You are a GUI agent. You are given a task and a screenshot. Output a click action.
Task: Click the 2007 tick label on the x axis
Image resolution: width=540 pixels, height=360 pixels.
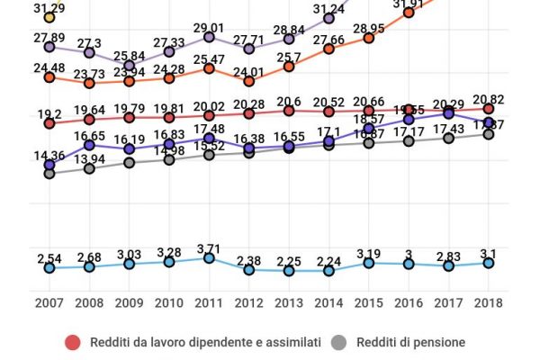[x=49, y=302]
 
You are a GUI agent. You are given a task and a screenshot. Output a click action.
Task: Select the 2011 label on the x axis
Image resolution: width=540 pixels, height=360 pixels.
[x=209, y=302]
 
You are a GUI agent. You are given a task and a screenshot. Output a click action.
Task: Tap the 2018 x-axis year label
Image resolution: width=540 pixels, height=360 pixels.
[x=488, y=302]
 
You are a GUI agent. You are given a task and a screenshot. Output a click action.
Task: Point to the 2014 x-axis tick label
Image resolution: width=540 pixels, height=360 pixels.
[x=328, y=302]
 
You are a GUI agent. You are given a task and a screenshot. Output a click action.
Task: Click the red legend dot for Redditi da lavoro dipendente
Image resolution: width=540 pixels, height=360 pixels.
[x=74, y=342]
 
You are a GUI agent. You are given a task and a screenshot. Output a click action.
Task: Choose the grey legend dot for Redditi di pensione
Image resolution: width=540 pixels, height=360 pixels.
[x=338, y=342]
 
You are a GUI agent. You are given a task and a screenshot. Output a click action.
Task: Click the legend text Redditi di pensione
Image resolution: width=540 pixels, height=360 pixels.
[x=409, y=342]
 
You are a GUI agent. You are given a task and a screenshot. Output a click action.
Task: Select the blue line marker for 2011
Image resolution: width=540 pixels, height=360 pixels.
[x=209, y=258]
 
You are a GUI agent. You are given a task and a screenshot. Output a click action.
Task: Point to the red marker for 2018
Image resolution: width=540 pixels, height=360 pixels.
[x=488, y=109]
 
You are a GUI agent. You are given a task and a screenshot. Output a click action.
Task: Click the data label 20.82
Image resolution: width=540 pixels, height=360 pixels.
[x=486, y=96]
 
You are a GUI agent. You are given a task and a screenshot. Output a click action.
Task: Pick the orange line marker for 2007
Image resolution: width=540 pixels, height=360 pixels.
[x=49, y=77]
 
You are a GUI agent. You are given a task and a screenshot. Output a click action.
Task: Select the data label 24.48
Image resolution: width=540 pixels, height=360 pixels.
[x=50, y=65]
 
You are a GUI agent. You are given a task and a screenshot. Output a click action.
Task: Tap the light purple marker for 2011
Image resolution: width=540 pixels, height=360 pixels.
[x=209, y=37]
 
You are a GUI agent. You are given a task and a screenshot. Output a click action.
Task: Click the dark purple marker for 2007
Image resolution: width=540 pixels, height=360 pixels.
[x=49, y=165]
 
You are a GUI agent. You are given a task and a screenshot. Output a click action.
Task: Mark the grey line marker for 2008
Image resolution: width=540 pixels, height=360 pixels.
[x=89, y=168]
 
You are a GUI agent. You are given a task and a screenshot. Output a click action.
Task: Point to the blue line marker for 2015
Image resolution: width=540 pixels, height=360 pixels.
[x=368, y=262]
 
